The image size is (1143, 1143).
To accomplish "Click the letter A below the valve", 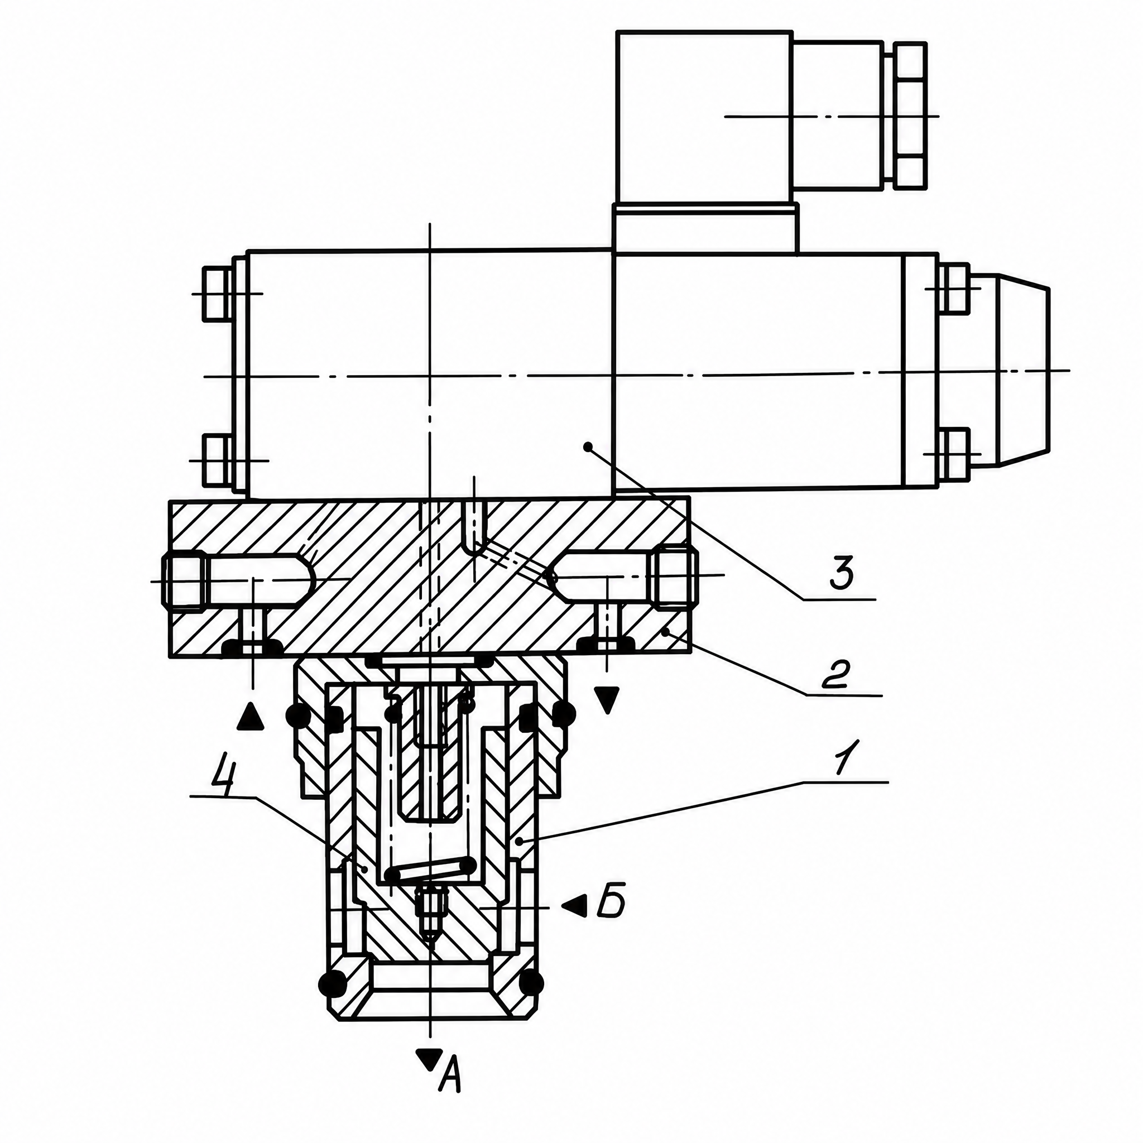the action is click(450, 1103).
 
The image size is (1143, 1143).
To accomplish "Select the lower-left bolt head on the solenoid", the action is click(217, 460).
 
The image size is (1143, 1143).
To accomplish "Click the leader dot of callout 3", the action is click(588, 445).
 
